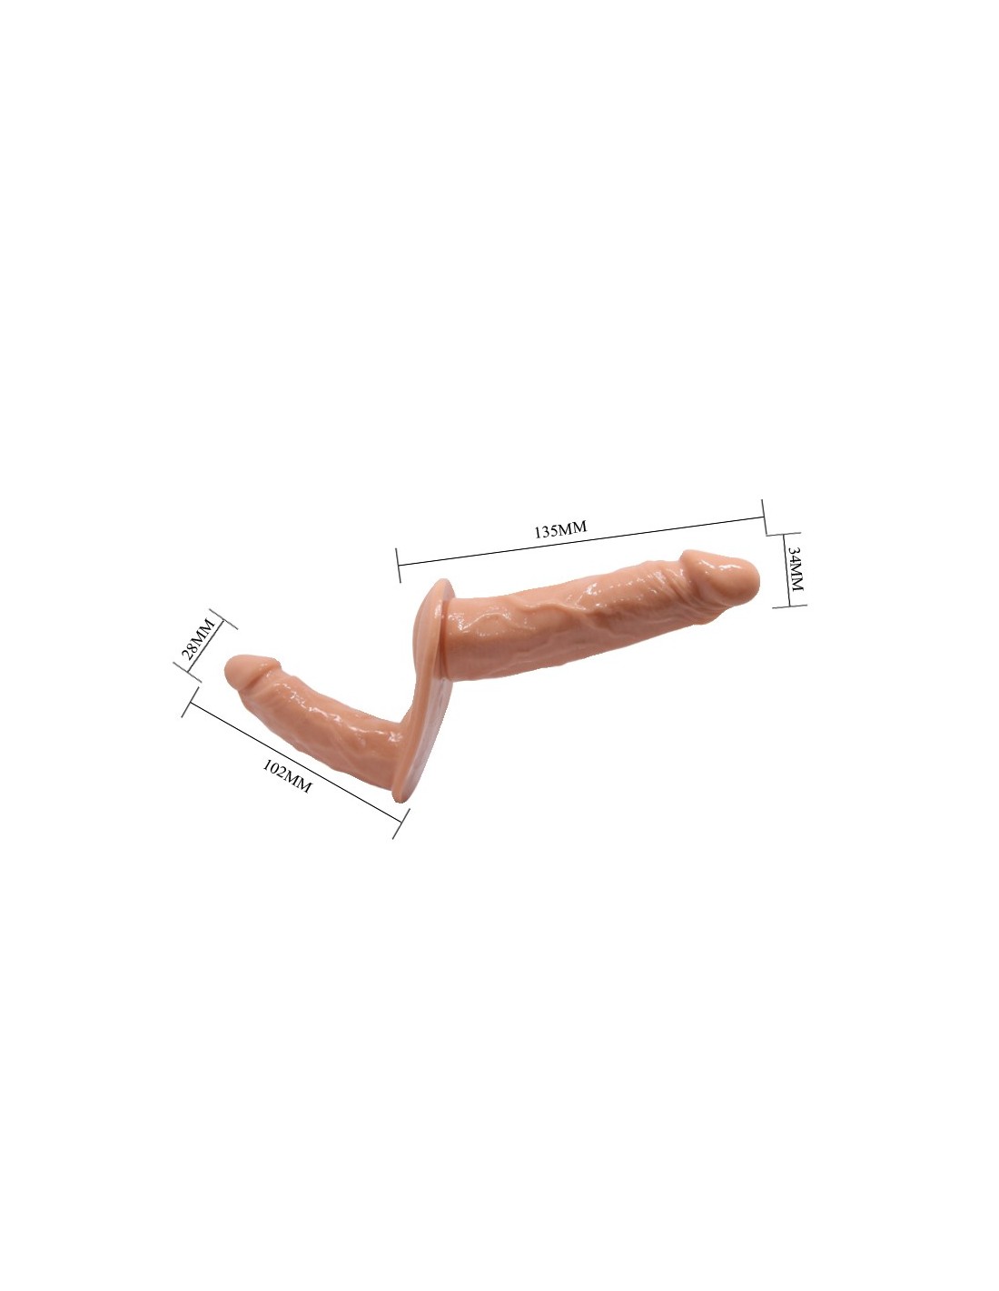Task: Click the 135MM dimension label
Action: click(x=559, y=529)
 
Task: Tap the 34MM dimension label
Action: click(x=794, y=568)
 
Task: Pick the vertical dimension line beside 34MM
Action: click(x=790, y=569)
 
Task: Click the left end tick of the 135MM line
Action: click(x=398, y=565)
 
